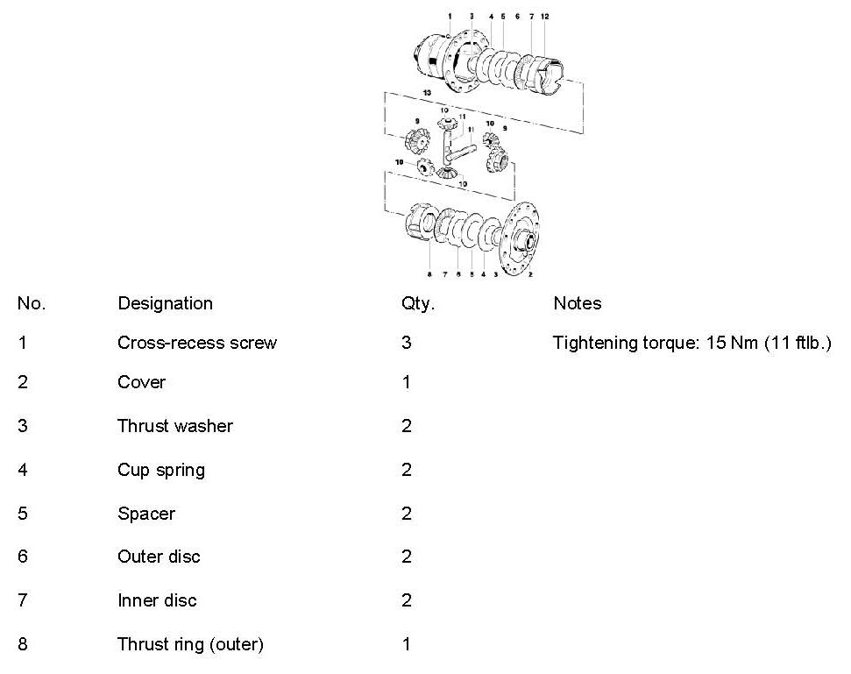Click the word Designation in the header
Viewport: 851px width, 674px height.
(165, 303)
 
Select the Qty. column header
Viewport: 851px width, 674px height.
(417, 303)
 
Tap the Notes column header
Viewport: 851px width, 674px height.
(577, 303)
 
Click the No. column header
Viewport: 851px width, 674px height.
(31, 303)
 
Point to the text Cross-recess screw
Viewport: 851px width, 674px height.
(196, 342)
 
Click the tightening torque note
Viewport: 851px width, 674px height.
(691, 342)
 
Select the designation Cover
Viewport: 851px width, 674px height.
(141, 382)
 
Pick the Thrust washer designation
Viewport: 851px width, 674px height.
(174, 426)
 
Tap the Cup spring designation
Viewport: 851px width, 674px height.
(160, 470)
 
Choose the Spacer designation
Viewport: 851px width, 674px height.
(145, 514)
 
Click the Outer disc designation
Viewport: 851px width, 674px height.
(159, 557)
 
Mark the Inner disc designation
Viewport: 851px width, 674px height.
(157, 600)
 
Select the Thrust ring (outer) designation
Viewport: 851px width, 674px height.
(190, 645)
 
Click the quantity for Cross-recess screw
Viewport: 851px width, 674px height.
(406, 342)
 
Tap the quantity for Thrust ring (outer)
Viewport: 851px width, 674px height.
(406, 645)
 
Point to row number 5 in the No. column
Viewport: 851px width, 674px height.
(22, 514)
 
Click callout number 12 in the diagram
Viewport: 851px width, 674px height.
(544, 17)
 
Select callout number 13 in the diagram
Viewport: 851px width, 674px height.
(426, 91)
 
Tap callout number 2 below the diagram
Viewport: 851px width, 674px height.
(531, 274)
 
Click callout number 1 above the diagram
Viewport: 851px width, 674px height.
(449, 17)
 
